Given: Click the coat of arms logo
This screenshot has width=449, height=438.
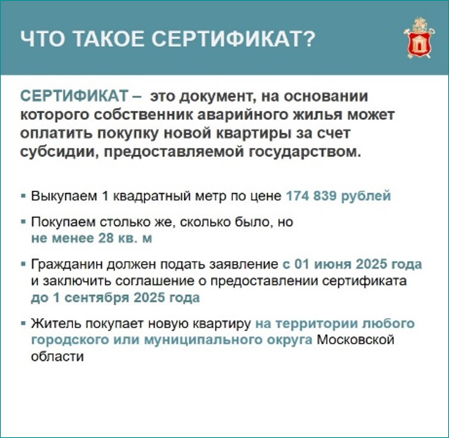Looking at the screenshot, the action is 419,39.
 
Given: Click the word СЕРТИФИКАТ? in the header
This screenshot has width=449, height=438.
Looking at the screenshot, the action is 233,39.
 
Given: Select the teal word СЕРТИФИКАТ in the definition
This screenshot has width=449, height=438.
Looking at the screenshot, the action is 74,96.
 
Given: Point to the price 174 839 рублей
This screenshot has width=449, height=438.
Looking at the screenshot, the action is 338,196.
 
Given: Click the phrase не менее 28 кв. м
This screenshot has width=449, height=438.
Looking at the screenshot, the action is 92,238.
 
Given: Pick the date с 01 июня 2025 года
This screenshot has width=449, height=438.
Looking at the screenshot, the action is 352,264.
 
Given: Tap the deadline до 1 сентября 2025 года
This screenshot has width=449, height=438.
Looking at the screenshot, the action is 115,298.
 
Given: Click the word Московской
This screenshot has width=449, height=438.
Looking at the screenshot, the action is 355,340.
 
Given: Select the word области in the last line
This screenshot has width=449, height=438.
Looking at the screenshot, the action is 57,356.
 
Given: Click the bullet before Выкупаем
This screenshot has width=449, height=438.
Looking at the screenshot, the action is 24,196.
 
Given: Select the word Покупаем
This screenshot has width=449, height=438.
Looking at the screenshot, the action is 63,222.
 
